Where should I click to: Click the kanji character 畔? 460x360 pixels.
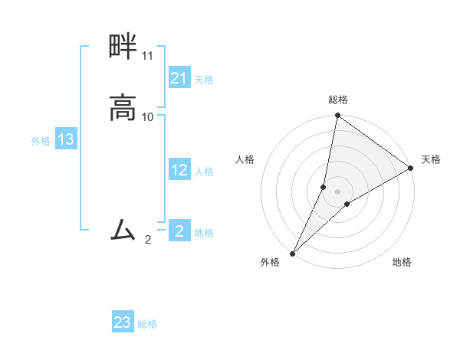[123, 48]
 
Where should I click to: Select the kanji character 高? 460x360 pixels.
[123, 106]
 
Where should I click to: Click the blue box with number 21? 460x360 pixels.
[179, 78]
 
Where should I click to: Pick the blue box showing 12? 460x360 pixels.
[179, 171]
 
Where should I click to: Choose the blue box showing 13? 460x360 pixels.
[66, 139]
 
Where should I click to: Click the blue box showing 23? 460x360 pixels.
[123, 322]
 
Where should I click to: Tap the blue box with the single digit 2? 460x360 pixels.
[179, 231]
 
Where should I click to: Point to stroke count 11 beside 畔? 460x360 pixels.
[147, 57]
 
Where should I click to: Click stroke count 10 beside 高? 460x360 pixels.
[148, 117]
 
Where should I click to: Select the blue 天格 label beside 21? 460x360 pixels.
[204, 80]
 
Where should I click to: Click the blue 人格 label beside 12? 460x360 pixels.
[204, 172]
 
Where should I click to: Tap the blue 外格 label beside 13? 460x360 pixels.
[41, 141]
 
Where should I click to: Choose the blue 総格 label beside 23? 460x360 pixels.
[147, 324]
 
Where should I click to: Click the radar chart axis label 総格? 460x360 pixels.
[338, 100]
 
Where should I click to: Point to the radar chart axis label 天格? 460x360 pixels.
[431, 159]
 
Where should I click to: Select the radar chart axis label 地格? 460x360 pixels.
[402, 263]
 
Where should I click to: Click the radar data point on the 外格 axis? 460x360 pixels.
[293, 253]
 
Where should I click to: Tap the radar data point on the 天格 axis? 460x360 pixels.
[411, 168]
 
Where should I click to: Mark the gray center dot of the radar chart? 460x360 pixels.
[338, 191]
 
